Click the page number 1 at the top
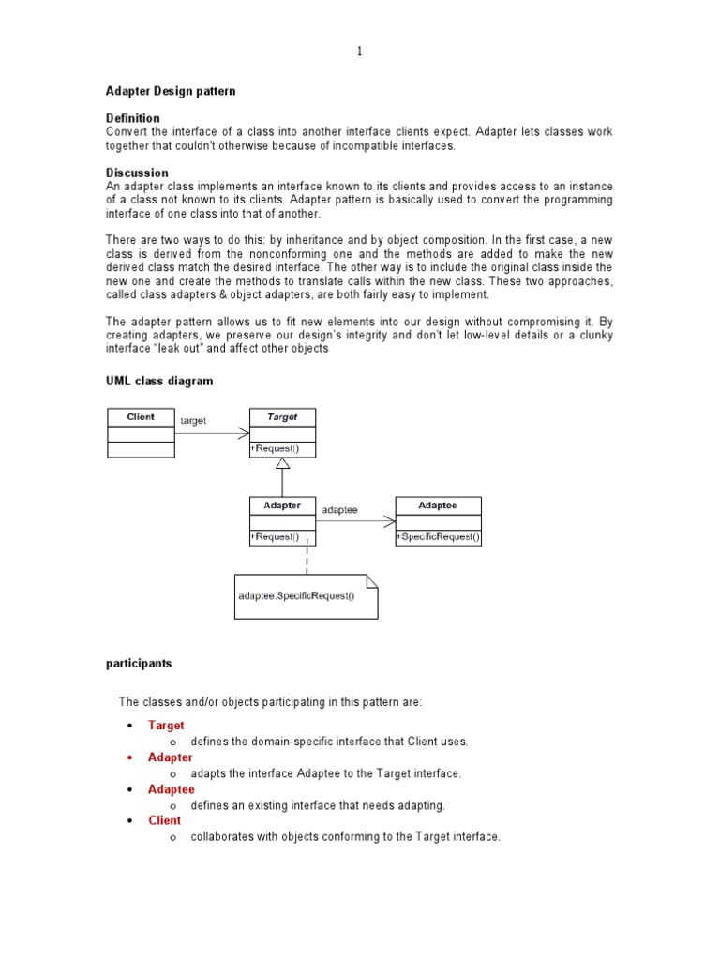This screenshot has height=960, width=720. click(x=359, y=52)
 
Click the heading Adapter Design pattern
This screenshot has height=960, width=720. click(x=170, y=91)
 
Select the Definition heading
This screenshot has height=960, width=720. click(x=132, y=118)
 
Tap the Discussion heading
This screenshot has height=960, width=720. click(x=137, y=172)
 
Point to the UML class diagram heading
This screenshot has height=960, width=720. click(x=158, y=381)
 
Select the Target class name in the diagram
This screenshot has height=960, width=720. click(x=282, y=417)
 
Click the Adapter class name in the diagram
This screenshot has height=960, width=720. click(x=282, y=505)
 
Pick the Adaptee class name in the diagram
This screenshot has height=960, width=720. click(x=438, y=505)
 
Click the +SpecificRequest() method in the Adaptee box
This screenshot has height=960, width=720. click(x=439, y=537)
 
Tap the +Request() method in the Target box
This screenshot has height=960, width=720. click(x=276, y=449)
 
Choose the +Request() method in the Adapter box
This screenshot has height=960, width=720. click(x=276, y=537)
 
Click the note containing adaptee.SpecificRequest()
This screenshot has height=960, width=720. click(x=306, y=597)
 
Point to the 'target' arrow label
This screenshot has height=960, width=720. click(x=193, y=422)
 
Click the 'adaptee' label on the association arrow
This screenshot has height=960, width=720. click(x=339, y=510)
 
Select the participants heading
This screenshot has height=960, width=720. click(x=138, y=663)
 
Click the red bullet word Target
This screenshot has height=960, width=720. click(x=166, y=725)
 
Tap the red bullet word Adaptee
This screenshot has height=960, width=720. click(x=172, y=789)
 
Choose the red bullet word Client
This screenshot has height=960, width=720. click(x=165, y=820)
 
